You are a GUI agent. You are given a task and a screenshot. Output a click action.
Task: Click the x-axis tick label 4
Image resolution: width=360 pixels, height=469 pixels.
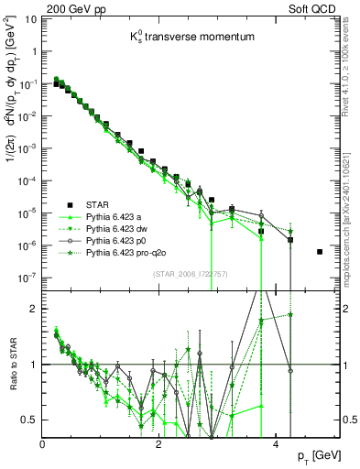click(x=276, y=443)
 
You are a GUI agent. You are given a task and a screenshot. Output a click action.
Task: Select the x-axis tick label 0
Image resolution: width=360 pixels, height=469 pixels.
click(x=42, y=443)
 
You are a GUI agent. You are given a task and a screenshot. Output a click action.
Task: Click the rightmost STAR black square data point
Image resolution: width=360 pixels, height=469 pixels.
click(x=320, y=252)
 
